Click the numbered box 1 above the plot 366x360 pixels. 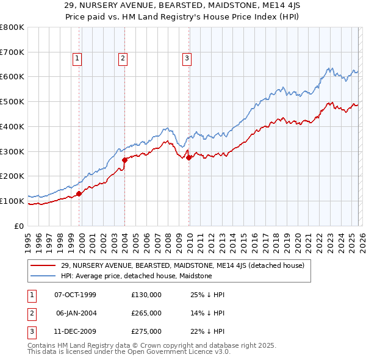[78, 59]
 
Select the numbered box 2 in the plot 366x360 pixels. [123, 59]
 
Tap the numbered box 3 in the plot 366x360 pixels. [186, 59]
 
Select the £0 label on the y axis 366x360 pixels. [20, 226]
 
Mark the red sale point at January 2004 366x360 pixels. [124, 160]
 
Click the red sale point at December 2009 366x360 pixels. [188, 157]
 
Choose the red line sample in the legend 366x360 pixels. [44, 265]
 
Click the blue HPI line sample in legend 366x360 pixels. [44, 276]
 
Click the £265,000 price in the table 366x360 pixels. [146, 313]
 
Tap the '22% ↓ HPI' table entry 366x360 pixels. [207, 331]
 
